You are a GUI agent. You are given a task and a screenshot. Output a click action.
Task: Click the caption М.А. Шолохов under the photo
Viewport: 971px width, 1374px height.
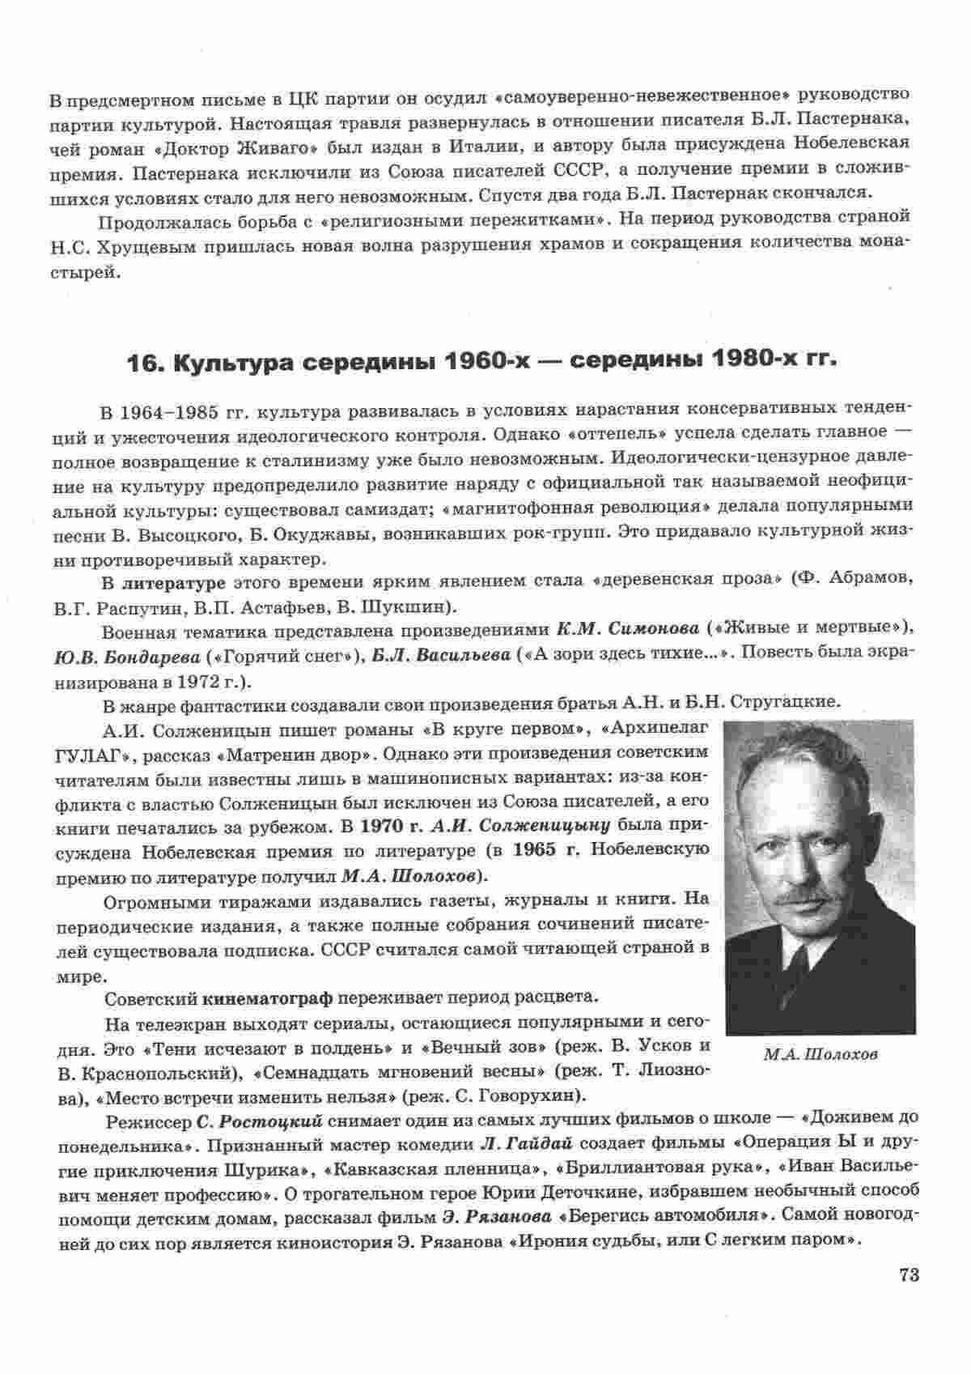tap(820, 1054)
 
